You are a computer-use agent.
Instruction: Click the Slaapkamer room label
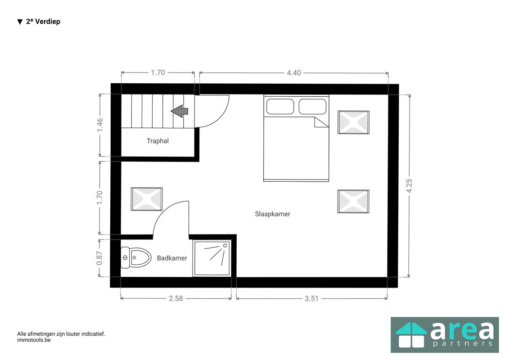tap(272, 214)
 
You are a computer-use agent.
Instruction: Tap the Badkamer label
tap(172, 258)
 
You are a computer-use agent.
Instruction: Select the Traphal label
tap(158, 141)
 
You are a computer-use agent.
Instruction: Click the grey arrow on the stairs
tap(180, 111)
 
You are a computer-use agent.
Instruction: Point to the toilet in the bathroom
tap(136, 258)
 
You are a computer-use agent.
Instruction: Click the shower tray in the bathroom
tap(212, 258)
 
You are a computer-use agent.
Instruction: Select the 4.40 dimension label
tap(293, 73)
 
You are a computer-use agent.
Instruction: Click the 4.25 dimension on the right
tap(409, 186)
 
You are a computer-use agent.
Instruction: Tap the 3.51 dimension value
tap(311, 299)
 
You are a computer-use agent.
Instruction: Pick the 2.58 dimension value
tap(176, 299)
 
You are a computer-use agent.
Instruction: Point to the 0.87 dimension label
tap(99, 258)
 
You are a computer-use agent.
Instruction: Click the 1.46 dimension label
tap(99, 125)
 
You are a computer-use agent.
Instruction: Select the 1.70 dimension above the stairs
tap(158, 73)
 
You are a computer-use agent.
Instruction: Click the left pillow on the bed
tap(280, 107)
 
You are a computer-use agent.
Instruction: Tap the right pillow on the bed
tap(312, 107)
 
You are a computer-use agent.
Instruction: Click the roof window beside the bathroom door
tap(147, 199)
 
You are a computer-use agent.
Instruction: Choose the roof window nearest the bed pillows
tap(353, 122)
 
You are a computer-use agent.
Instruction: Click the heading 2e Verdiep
tap(43, 22)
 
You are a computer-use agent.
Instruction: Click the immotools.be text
tap(34, 340)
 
